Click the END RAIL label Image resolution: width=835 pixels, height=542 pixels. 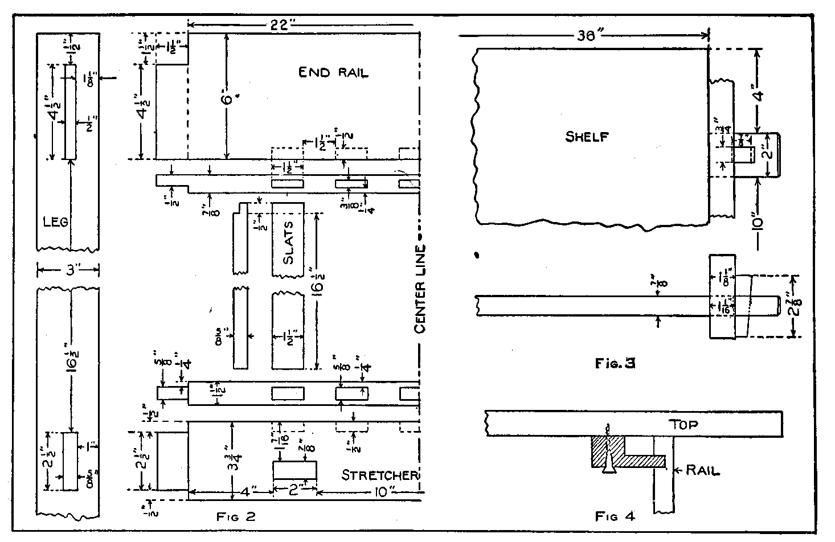click(333, 72)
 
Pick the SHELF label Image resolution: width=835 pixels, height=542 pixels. click(587, 137)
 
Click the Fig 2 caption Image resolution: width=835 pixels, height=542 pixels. click(235, 517)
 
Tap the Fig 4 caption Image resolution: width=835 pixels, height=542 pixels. click(614, 517)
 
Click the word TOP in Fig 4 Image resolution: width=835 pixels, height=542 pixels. click(683, 424)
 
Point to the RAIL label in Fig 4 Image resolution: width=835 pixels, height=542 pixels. click(703, 470)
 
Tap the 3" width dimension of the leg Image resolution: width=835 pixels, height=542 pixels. click(68, 269)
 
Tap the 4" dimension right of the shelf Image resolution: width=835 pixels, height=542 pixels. click(758, 89)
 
